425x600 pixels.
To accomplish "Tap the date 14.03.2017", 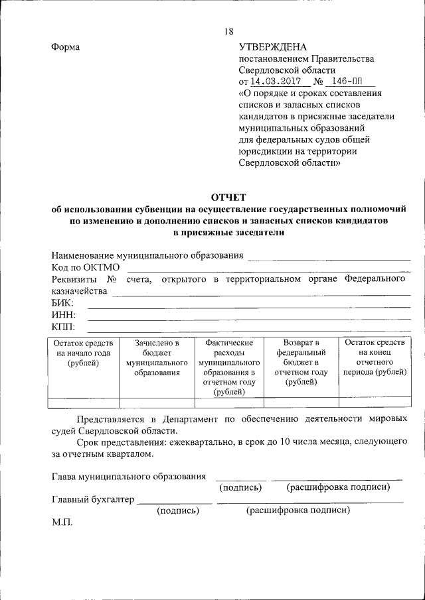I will click(x=275, y=82).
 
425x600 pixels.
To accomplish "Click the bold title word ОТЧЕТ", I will click(x=228, y=197).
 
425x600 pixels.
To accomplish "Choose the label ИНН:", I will click(x=64, y=315).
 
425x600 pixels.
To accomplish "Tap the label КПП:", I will click(x=64, y=327).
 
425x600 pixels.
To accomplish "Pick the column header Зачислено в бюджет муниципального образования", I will click(x=157, y=358).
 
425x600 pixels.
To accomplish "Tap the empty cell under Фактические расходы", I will click(x=229, y=402).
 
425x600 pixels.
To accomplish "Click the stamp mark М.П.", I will click(x=63, y=522).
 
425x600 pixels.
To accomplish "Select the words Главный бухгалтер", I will click(x=93, y=499).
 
